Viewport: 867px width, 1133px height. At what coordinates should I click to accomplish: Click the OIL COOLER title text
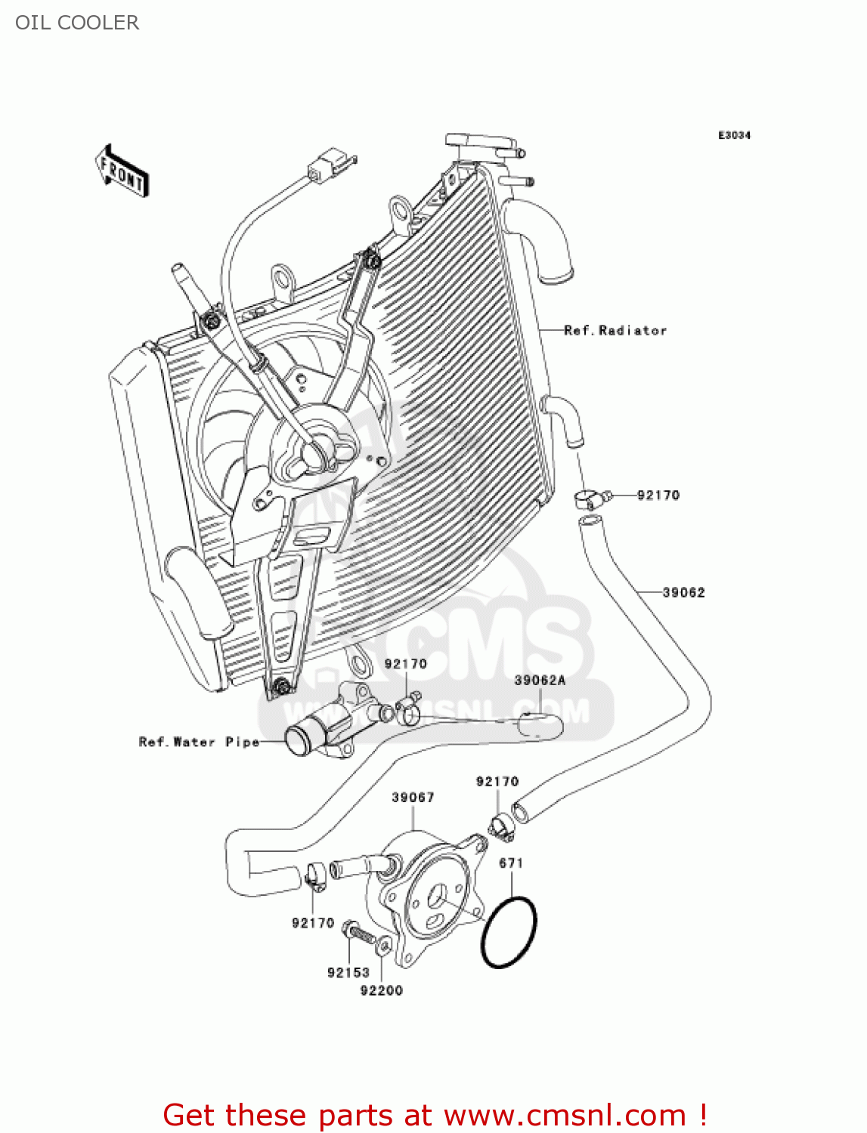[77, 23]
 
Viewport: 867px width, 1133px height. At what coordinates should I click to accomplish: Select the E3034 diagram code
[733, 135]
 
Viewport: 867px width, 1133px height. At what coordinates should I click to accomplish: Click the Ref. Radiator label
[615, 330]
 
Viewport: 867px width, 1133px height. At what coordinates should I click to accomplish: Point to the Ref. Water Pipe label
[199, 742]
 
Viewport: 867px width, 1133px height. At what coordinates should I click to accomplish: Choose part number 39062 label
[683, 592]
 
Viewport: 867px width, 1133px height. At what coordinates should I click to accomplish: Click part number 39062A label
[540, 680]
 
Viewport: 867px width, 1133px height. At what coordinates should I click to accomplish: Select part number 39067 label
[413, 797]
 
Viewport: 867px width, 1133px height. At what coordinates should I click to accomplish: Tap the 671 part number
[511, 863]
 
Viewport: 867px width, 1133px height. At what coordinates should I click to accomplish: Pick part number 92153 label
[348, 972]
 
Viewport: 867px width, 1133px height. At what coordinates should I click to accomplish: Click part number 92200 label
[381, 990]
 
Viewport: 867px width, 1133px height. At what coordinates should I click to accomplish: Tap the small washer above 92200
[384, 945]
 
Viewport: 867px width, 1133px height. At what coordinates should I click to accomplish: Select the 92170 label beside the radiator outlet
[658, 495]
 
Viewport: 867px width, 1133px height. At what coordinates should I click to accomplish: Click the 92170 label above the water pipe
[405, 663]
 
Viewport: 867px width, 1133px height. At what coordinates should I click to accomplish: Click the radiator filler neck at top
[479, 143]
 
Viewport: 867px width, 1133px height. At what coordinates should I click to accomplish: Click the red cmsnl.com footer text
[435, 1115]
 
